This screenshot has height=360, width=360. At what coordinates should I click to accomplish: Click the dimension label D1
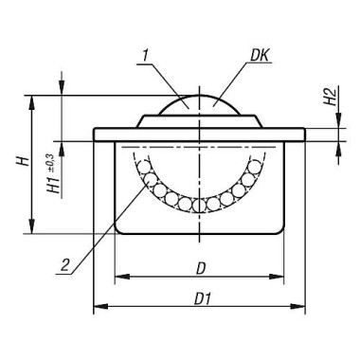202,298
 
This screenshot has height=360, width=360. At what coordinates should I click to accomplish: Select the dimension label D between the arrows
201,269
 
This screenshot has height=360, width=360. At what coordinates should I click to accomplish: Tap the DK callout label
260,56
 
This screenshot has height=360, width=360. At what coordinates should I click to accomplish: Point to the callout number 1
145,56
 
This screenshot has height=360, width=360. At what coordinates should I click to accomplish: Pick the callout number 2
64,265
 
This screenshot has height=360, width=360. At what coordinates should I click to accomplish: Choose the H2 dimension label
330,97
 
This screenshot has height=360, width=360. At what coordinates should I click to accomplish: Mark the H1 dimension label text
53,184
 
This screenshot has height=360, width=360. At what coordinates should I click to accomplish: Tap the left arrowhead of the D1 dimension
101,306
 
